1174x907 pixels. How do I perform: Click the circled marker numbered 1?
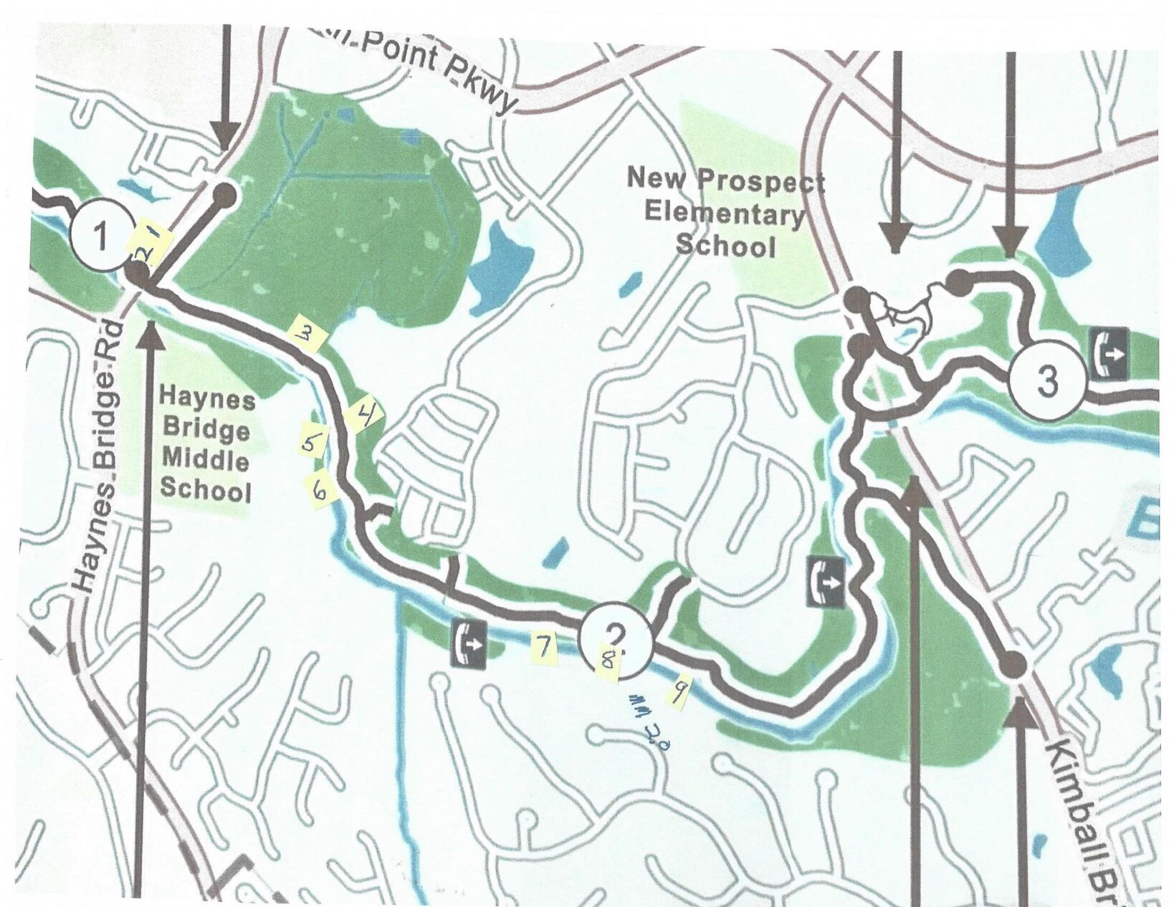(x=101, y=237)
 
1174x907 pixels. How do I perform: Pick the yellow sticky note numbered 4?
(x=365, y=413)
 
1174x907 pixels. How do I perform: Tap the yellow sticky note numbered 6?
(x=320, y=489)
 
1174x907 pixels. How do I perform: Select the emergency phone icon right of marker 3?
(x=1109, y=352)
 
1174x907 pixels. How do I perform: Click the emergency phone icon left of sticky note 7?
(x=469, y=643)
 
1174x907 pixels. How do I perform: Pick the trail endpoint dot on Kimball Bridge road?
(x=1013, y=665)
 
